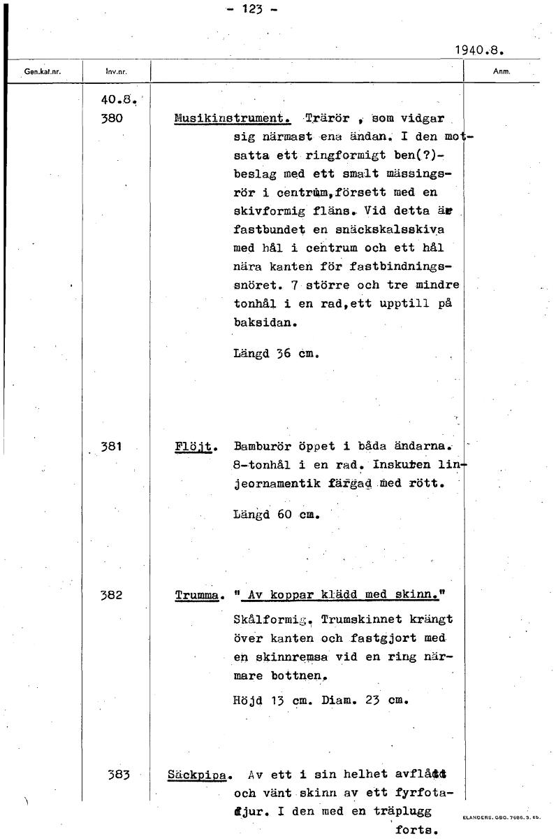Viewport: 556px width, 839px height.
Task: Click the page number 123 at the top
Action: tap(251, 9)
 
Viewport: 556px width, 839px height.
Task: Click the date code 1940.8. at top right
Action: tap(479, 50)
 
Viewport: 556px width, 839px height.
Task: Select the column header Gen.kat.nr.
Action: tap(43, 71)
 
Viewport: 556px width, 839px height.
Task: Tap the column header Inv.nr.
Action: tap(115, 71)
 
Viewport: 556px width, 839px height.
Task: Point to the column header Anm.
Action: tap(502, 71)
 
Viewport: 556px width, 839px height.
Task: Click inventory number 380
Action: tap(112, 119)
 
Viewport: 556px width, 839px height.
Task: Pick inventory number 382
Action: tap(112, 596)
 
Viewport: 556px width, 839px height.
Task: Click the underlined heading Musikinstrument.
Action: tap(232, 118)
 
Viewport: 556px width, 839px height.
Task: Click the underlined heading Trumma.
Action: tap(198, 596)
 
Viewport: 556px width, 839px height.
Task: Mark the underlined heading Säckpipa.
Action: tap(199, 775)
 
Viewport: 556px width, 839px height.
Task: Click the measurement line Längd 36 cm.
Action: tap(276, 353)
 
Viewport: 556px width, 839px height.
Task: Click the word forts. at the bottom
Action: tap(417, 831)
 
